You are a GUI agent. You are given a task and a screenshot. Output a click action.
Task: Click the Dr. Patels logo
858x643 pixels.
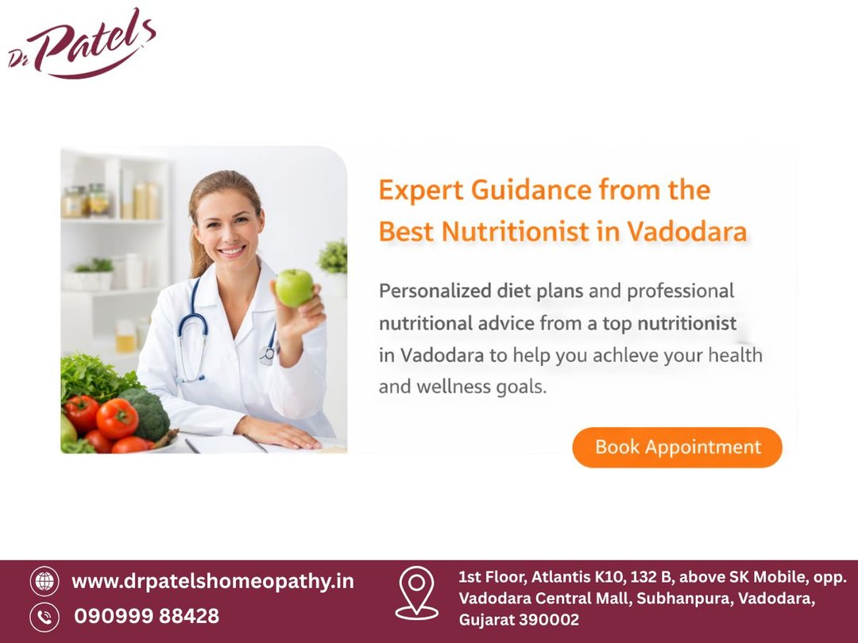click(82, 44)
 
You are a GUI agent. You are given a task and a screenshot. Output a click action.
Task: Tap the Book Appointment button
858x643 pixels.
click(677, 447)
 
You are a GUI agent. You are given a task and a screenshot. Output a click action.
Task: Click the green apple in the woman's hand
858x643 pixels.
click(294, 287)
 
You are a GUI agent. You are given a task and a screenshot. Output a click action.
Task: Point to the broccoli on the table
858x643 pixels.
click(146, 414)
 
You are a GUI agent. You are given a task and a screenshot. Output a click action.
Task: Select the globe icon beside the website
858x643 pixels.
click(44, 580)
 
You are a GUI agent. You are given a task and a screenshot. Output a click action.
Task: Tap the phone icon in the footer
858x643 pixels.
click(44, 617)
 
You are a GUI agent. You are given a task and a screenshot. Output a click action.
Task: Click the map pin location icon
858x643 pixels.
click(416, 593)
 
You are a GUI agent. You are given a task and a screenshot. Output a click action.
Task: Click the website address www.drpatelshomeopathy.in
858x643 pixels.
click(213, 581)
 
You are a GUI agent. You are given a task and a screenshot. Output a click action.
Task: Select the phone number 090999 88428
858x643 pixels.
click(147, 616)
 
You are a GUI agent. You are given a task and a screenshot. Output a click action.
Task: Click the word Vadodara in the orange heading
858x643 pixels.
click(686, 231)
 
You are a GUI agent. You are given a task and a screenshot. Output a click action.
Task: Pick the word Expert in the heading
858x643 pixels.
click(421, 191)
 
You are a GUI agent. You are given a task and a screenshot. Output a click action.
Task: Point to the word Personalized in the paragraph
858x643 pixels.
click(435, 291)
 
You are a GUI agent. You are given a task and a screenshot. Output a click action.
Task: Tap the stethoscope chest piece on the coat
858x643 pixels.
click(267, 355)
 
